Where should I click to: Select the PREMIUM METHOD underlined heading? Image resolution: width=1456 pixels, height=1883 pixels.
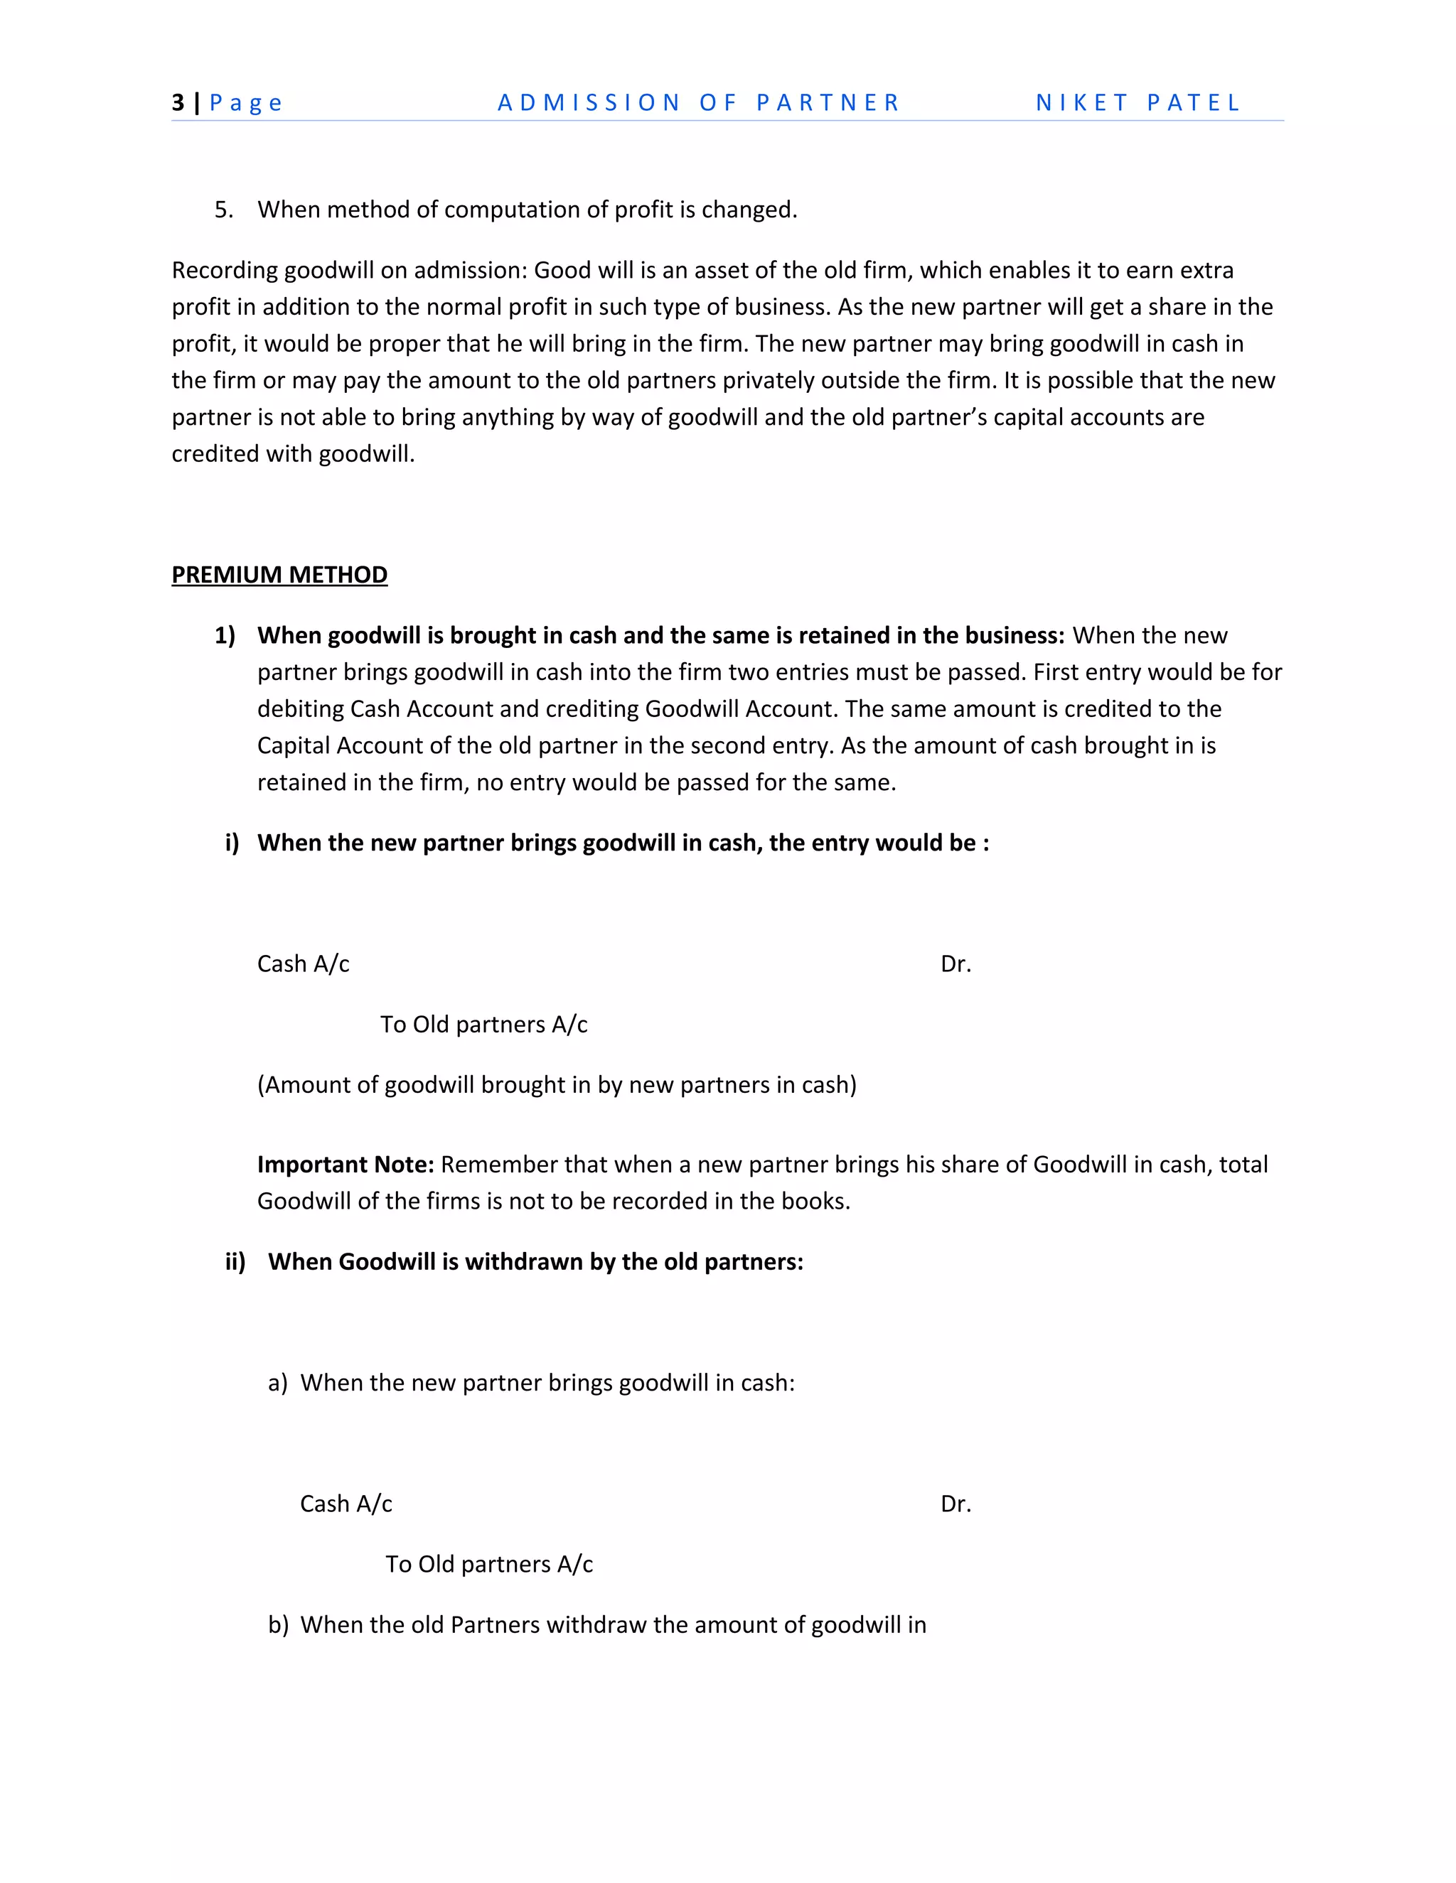tap(279, 575)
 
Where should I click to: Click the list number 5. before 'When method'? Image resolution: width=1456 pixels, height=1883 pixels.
tap(223, 210)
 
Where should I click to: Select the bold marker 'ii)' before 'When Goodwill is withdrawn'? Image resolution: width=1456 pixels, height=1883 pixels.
tap(235, 1261)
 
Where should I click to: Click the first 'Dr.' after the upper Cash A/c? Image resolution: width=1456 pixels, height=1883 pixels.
tap(955, 964)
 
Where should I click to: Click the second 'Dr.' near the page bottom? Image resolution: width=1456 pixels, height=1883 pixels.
tap(955, 1504)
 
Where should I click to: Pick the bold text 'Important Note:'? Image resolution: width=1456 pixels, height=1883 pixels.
tap(345, 1165)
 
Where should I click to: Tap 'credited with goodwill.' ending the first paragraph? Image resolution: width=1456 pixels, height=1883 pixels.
tap(294, 454)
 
